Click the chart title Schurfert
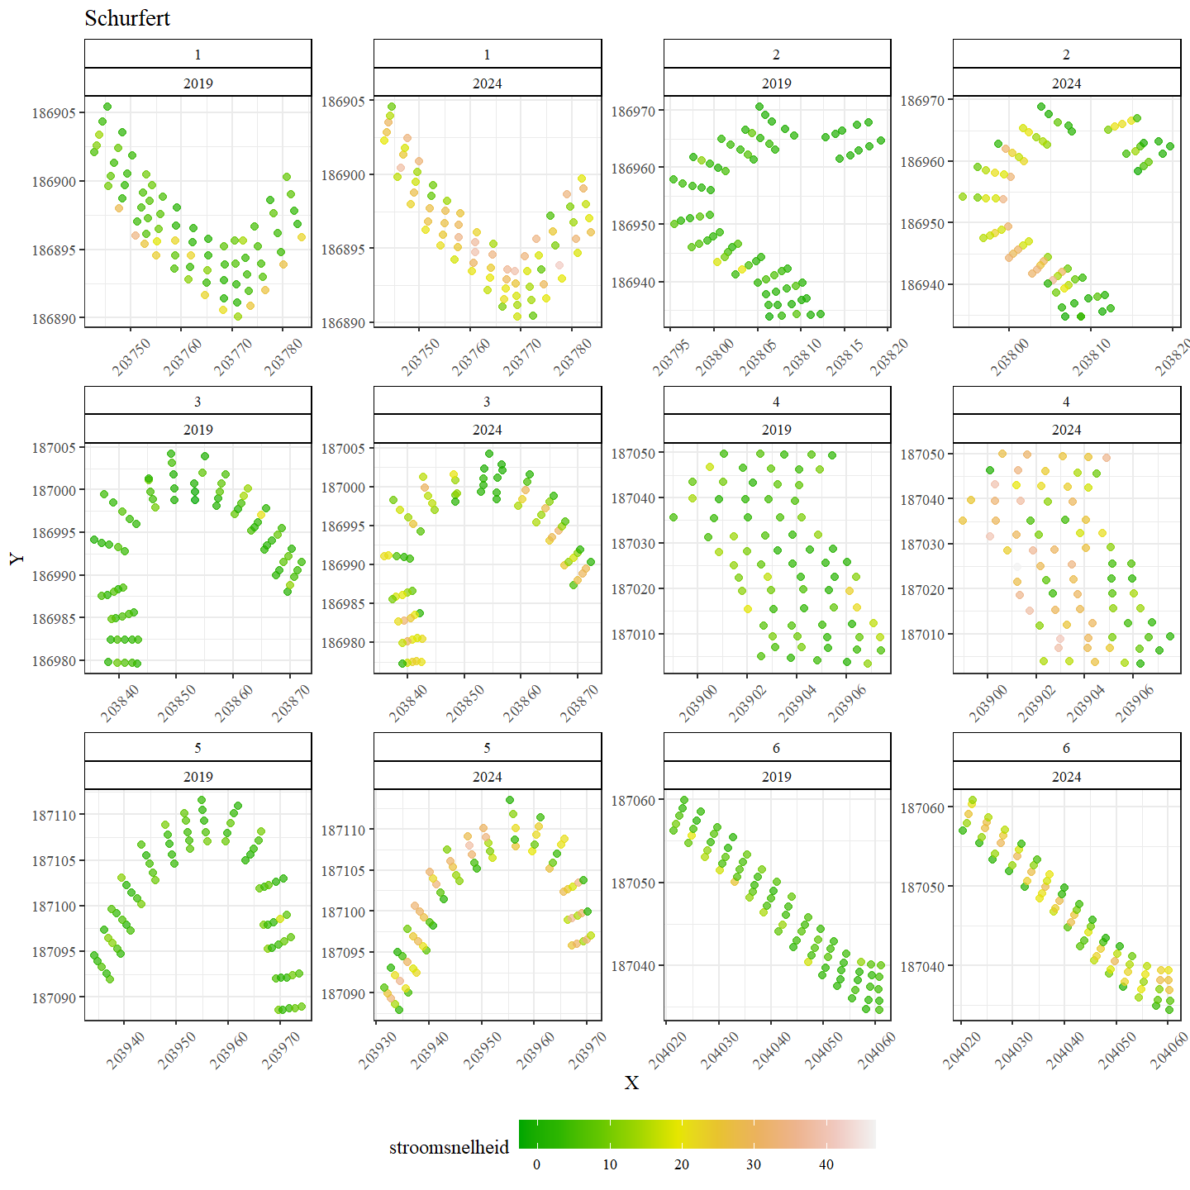tap(127, 18)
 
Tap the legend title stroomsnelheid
tap(449, 1147)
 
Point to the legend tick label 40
tap(826, 1164)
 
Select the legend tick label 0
tap(536, 1164)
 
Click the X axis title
tap(631, 1083)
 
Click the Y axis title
tap(17, 559)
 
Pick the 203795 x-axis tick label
tap(671, 358)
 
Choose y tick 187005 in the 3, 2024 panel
tap(343, 449)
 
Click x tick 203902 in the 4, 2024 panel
tap(1036, 704)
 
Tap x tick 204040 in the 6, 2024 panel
tap(1064, 1051)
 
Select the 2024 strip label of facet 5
tap(488, 777)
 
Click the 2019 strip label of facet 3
tap(198, 430)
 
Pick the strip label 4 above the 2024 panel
tap(1066, 402)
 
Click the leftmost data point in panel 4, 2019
tap(674, 517)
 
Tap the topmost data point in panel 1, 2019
tap(107, 107)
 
